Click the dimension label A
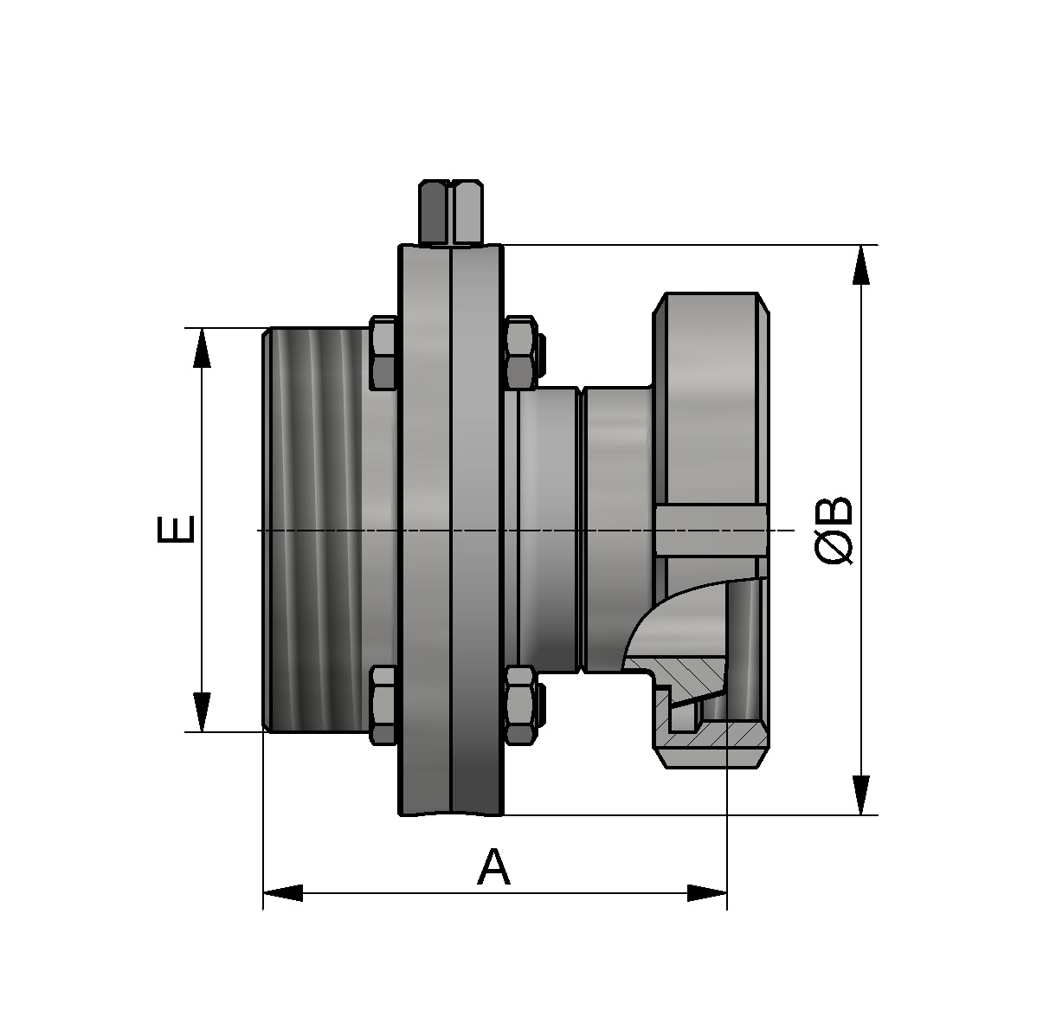[493, 867]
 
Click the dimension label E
[177, 529]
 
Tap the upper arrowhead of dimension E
[202, 348]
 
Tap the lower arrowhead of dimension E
[202, 711]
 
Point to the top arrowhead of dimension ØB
[860, 265]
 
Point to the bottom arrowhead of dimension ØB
[860, 795]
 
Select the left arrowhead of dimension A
[283, 892]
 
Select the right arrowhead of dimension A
[706, 892]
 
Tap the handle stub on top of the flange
[451, 212]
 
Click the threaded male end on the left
[316, 529]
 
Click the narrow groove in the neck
[582, 529]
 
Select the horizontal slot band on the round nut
[710, 531]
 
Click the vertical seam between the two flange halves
[451, 529]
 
